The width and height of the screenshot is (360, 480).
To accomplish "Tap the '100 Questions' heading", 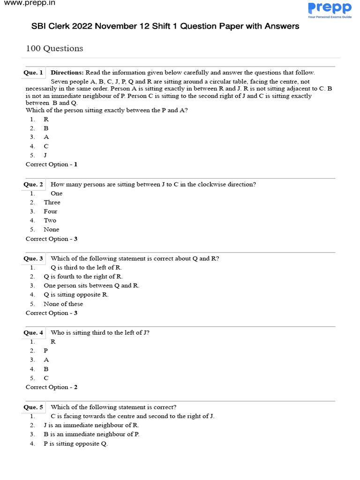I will point(54,48).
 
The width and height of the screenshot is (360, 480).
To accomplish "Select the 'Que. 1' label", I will point(33,73).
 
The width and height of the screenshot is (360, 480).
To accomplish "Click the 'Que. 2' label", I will point(33,184).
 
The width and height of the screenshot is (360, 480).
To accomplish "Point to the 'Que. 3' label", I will point(33,258).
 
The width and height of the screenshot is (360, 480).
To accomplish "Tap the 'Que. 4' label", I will point(33,333).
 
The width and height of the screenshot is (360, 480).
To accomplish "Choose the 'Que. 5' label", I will point(33,407).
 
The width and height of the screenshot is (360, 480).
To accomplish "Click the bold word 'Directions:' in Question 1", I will point(67,73).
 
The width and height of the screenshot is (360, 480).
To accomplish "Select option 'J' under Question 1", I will point(45,155).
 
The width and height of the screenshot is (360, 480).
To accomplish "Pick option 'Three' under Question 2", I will point(52,202).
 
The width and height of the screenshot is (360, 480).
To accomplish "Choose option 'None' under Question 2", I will point(52,230).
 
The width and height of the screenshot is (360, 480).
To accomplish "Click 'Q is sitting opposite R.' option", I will point(76,295).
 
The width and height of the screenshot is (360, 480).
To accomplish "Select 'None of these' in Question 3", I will point(63,304).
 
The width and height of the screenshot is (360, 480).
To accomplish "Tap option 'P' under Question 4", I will point(46,351).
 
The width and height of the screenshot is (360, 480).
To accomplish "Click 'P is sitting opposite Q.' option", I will point(75,443).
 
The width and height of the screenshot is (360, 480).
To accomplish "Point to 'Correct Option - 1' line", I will point(52,165).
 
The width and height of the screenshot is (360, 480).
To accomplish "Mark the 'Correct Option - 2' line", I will point(52,387).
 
